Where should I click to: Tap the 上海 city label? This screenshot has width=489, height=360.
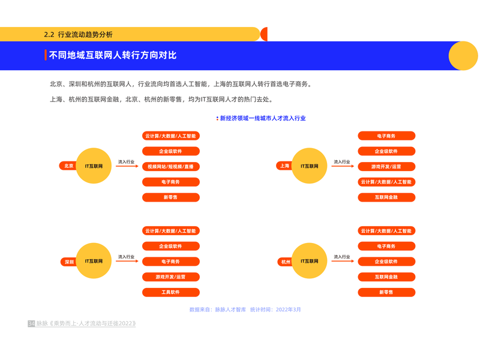284,166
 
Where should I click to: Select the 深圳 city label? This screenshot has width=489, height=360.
70,262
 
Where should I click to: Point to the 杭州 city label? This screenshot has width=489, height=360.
286,262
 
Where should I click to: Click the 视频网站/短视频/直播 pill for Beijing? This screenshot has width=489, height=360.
170,166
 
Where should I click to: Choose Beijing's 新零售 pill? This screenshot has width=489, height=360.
170,197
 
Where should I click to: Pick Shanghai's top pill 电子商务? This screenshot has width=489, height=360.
386,136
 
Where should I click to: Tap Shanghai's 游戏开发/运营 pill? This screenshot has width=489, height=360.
386,166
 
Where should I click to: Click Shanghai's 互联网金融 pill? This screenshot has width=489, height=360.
386,197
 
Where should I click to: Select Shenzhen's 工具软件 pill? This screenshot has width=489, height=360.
170,292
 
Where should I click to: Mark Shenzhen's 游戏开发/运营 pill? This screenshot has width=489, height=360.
170,277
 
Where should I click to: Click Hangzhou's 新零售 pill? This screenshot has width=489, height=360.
386,292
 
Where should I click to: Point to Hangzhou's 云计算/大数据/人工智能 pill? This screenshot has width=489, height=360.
386,231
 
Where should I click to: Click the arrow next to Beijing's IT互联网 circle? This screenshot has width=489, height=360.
127,166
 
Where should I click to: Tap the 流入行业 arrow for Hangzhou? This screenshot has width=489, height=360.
343,262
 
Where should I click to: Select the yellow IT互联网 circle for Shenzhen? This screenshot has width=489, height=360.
94,261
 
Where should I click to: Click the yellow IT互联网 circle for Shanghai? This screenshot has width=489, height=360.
310,166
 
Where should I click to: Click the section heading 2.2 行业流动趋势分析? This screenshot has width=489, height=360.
79,34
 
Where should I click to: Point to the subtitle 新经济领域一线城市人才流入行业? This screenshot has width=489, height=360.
263,118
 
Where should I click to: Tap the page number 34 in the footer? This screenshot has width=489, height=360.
31,324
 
